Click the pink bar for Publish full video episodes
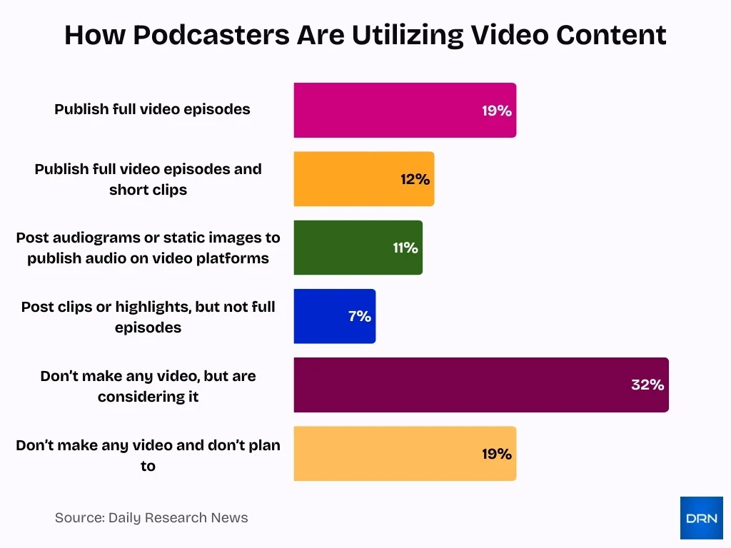pos(385,111)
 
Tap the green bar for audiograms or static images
pos(343,248)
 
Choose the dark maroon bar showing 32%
pos(457,385)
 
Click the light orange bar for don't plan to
pos(385,453)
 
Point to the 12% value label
pos(415,179)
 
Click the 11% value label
pos(405,248)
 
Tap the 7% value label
pos(360,316)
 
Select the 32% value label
pos(647,385)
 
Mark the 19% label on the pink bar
pos(497,111)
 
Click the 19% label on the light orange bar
pos(497,453)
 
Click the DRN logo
pos(701,518)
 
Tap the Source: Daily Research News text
pos(151,518)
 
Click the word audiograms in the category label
pos(84,238)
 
